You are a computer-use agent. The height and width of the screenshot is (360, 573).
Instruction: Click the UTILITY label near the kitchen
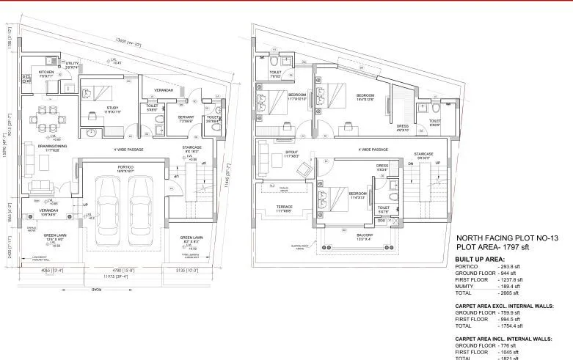click(x=71, y=64)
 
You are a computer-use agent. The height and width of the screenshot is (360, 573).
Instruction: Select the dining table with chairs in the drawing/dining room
click(x=41, y=117)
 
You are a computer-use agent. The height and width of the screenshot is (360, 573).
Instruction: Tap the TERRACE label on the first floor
click(x=283, y=207)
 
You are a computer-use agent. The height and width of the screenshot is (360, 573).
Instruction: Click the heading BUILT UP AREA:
click(x=478, y=260)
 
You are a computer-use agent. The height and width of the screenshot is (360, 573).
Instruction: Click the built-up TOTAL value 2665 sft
click(x=508, y=293)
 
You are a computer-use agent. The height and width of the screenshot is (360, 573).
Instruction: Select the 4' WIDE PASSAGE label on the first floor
click(x=373, y=149)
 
